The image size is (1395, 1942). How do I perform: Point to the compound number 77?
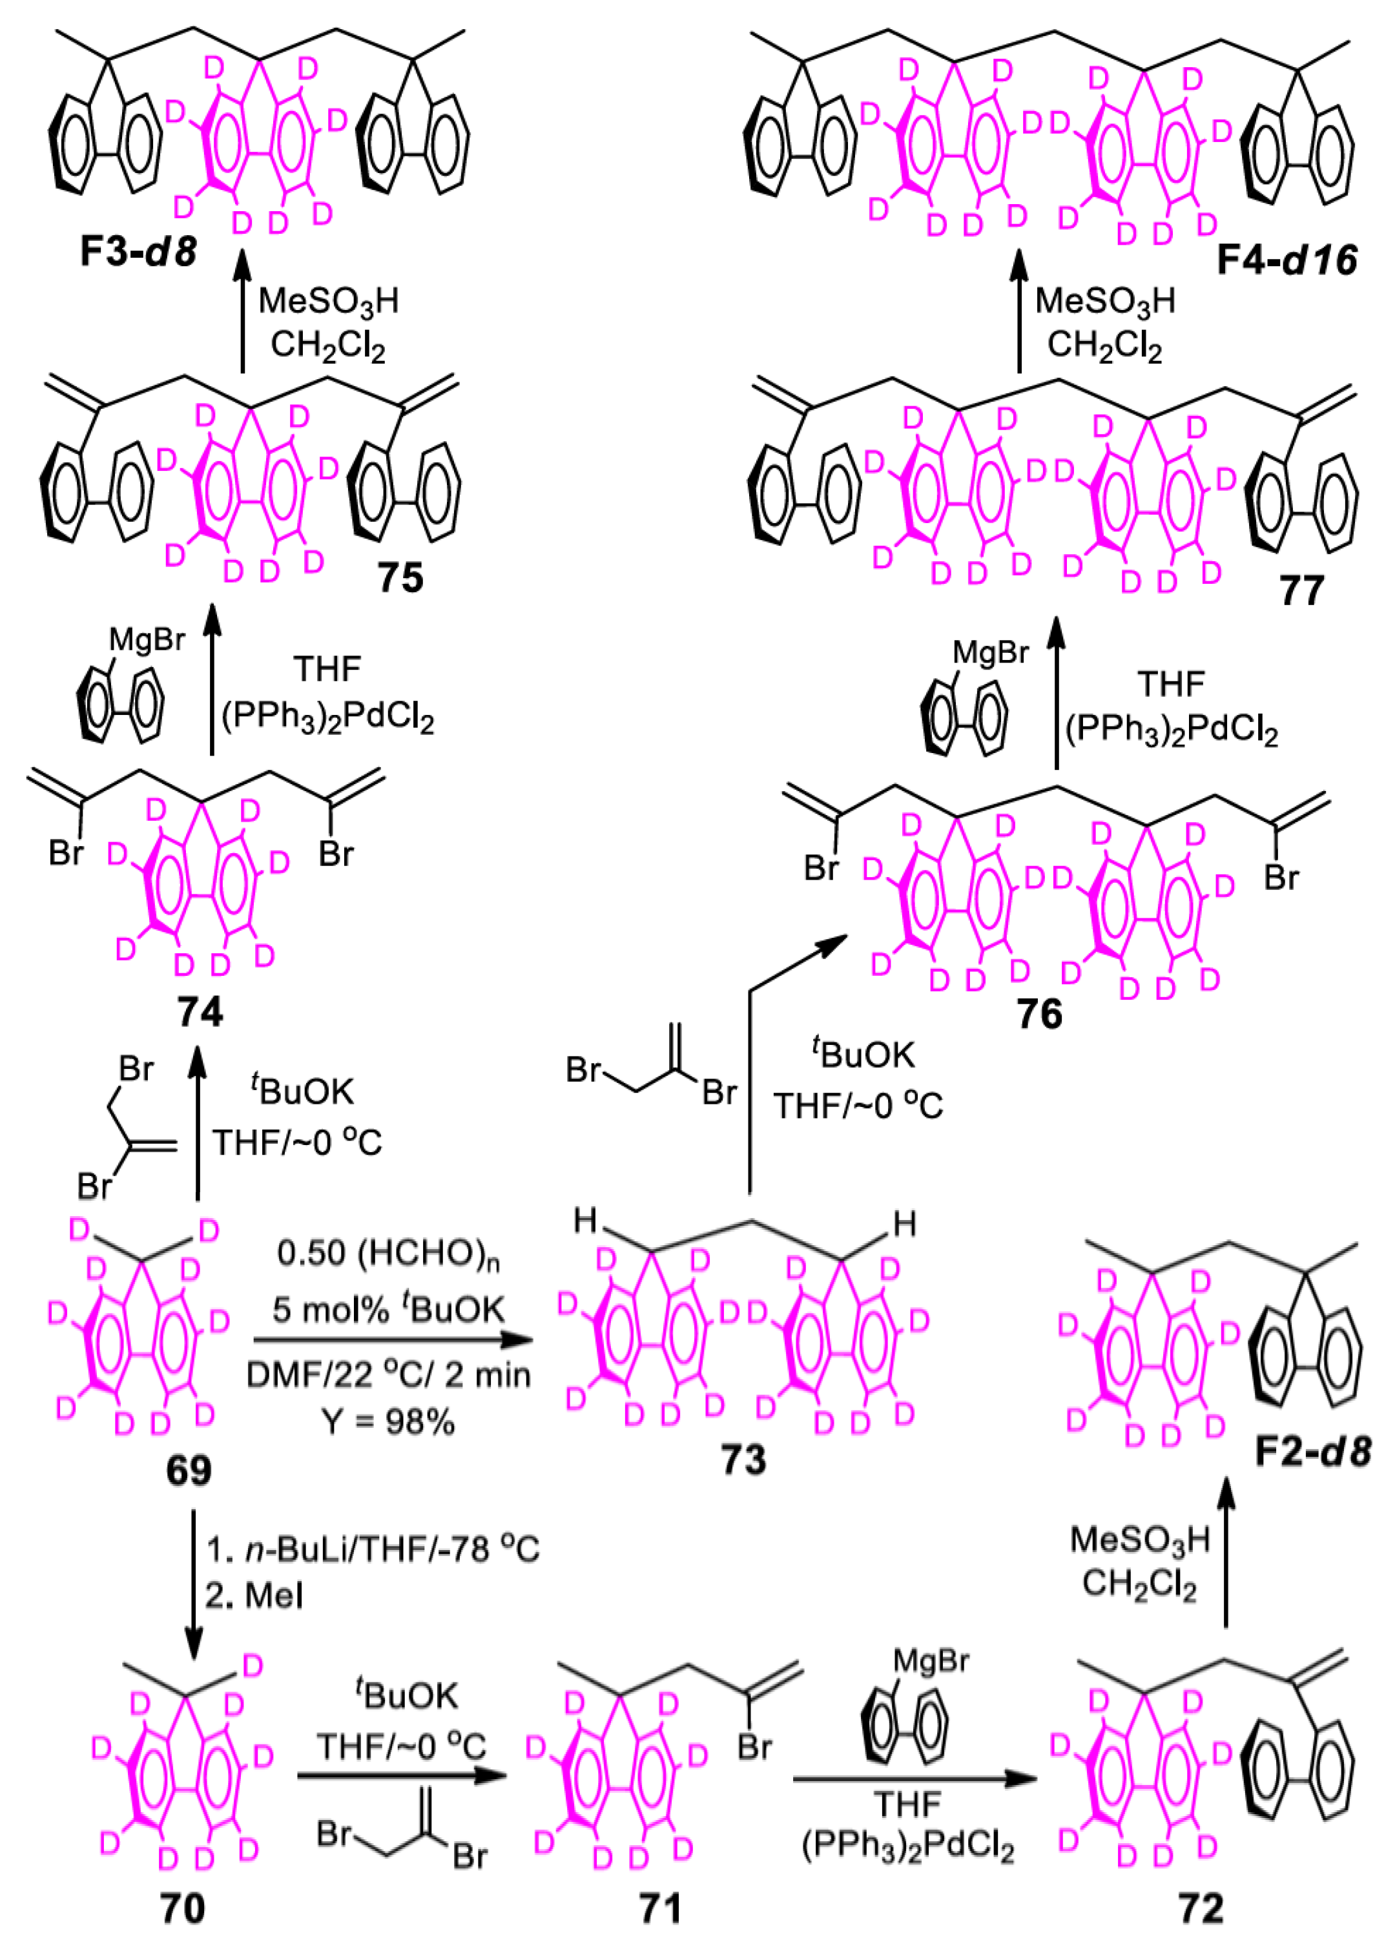[1301, 590]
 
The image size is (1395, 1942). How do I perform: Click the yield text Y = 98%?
[389, 1422]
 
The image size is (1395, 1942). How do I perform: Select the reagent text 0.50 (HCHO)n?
[388, 1254]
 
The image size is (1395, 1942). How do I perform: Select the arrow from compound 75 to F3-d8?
[242, 313]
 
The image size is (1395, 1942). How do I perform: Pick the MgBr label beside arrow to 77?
[990, 654]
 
